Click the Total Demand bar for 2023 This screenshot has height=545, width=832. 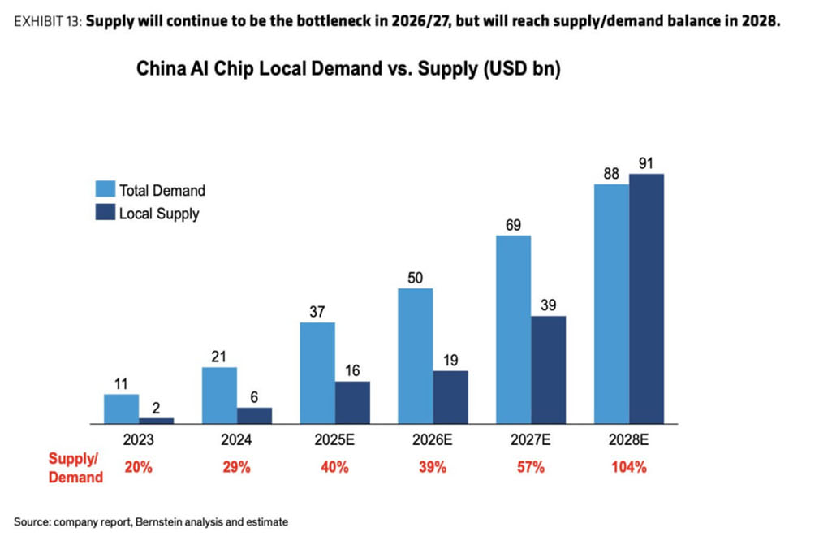pos(121,409)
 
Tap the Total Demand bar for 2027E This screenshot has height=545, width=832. pos(513,330)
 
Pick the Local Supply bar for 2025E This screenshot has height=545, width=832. pos(352,403)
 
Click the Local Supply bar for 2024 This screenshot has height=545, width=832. pos(254,416)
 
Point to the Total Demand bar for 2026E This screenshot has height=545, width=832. pos(415,356)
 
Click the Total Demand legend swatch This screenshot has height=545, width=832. pos(105,189)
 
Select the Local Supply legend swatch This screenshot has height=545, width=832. pos(105,214)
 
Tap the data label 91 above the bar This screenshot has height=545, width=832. pos(646,163)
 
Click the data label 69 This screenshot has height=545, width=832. pos(513,225)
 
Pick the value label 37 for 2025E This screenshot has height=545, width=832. pos(317,312)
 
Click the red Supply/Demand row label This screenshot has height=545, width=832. pos(75,467)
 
